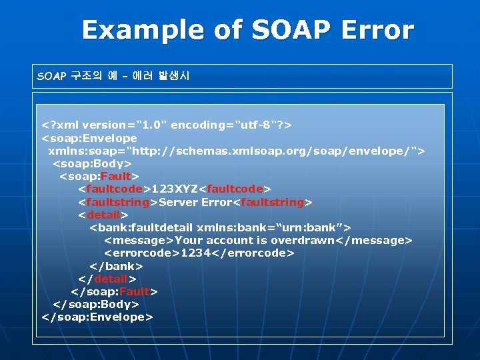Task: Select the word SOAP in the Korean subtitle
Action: pos(51,76)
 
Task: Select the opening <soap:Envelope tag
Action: pos(89,138)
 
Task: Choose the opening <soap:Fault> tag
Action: pos(99,177)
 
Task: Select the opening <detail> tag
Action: pos(103,215)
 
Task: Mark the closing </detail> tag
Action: pos(107,279)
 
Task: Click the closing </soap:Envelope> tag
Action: pos(97,317)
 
